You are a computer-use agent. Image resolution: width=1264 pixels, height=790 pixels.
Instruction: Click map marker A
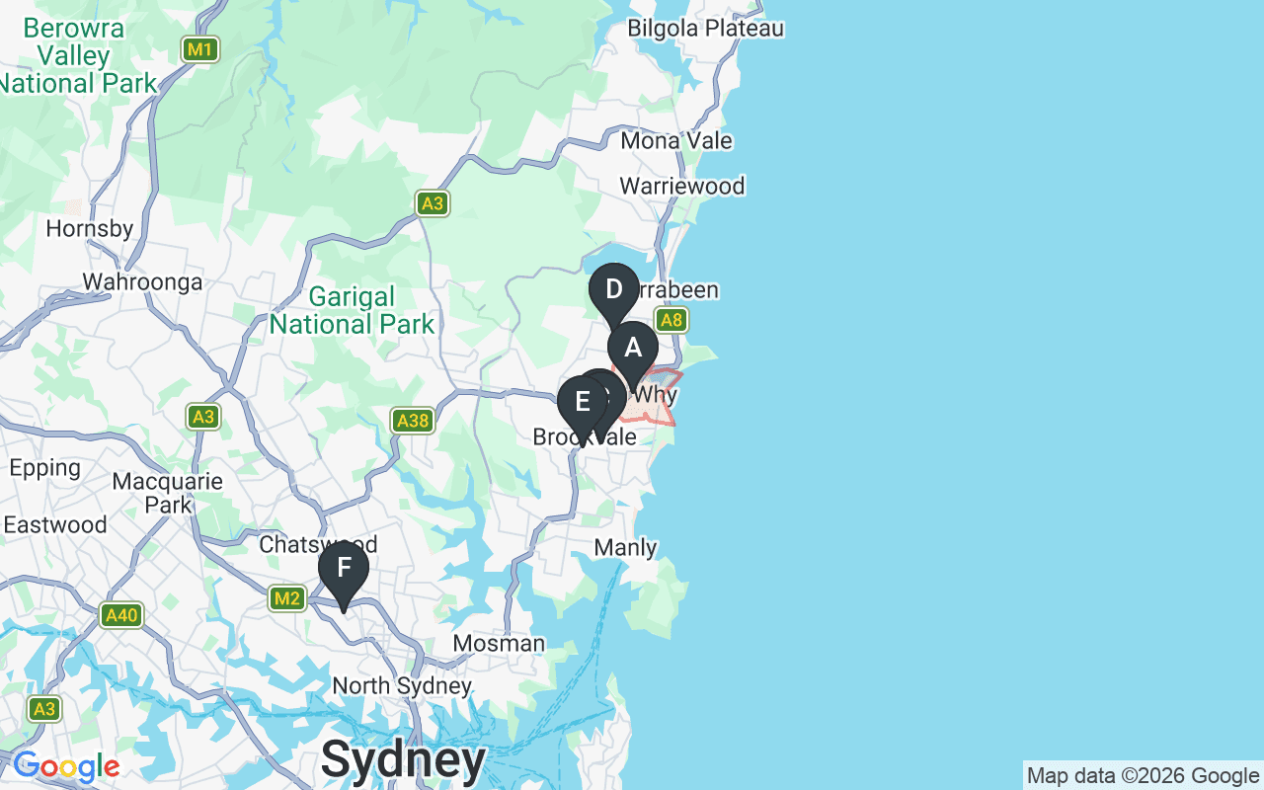coord(632,349)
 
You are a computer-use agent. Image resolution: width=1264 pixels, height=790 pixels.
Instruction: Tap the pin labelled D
coord(613,290)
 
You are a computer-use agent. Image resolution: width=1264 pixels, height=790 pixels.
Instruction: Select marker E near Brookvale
coord(582,403)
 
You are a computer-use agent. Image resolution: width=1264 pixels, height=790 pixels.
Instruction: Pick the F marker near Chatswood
coord(344,569)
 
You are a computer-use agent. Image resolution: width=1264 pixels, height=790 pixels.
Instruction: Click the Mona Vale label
coord(676,140)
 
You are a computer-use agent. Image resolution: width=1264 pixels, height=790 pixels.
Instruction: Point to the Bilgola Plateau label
coord(705,28)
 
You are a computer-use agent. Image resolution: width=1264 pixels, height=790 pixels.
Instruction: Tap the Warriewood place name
coord(681,186)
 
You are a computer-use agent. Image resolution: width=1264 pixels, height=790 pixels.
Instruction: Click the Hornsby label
coord(89,229)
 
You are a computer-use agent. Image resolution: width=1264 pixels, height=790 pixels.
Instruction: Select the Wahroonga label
coord(142,282)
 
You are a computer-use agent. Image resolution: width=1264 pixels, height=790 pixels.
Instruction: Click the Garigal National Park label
coord(352,310)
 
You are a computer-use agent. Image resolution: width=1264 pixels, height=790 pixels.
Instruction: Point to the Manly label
coord(626,547)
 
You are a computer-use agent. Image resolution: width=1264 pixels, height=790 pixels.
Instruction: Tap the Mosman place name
coord(499,644)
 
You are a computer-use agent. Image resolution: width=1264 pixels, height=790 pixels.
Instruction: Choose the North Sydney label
coord(402,685)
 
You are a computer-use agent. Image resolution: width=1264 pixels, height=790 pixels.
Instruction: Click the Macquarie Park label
coord(168,493)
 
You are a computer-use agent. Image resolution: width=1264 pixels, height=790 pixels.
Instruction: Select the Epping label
coord(44,467)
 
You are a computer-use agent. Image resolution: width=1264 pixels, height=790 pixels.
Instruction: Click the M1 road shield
coord(200,48)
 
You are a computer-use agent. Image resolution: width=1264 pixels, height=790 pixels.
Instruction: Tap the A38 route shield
coord(412,421)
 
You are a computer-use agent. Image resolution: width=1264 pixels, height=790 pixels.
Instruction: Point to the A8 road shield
coord(671,320)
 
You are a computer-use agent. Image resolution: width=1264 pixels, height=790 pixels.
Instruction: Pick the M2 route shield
coord(287,597)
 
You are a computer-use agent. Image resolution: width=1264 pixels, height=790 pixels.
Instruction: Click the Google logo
coord(66,766)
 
